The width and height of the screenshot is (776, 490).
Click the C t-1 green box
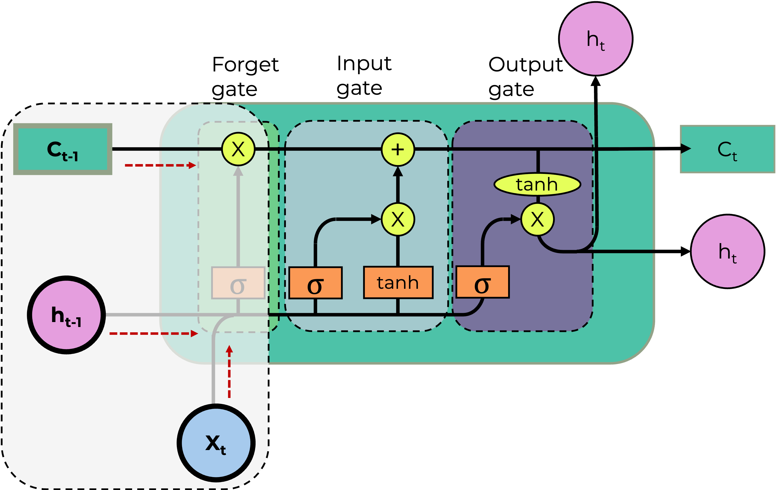coord(63,149)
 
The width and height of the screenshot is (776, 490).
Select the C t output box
coord(727,149)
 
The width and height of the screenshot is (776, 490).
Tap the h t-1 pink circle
coord(66,315)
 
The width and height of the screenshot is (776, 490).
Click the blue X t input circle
coord(216,443)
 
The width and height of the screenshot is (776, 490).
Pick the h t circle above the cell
coord(595,39)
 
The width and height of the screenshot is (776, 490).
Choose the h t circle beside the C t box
coord(727,251)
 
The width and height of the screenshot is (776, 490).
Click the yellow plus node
coord(398,149)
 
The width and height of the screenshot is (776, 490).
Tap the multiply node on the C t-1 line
coord(238,149)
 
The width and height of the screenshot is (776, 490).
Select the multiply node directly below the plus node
coord(398,220)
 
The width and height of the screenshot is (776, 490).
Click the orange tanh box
coord(398,283)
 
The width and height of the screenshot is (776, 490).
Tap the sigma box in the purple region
coord(482,282)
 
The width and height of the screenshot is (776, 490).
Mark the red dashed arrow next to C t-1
coord(160,165)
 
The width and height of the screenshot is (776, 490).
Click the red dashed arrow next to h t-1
coord(153,333)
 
